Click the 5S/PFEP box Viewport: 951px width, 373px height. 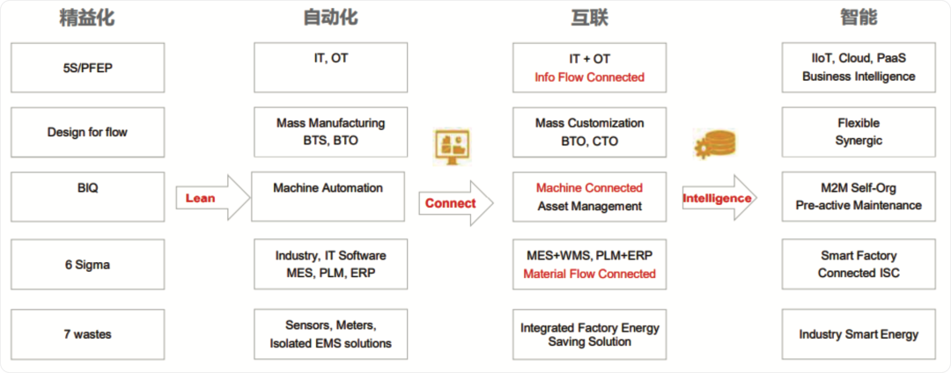click(88, 67)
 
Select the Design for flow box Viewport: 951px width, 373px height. click(88, 132)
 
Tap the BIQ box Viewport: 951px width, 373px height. click(88, 197)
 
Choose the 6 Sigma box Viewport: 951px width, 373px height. click(88, 265)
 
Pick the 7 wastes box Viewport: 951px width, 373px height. click(88, 333)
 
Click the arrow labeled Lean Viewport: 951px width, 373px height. click(213, 197)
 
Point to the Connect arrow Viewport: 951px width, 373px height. click(456, 203)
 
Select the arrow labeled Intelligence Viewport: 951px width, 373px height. click(720, 198)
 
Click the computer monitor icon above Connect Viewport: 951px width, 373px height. click(453, 147)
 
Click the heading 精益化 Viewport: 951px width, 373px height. click(86, 18)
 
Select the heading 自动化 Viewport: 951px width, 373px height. click(330, 18)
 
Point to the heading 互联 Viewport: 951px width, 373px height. click(589, 18)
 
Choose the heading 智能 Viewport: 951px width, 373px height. click(859, 18)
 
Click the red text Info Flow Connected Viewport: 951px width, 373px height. click(589, 77)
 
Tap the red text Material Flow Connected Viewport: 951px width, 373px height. click(589, 274)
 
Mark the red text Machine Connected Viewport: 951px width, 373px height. click(589, 187)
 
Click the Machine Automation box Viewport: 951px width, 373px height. click(328, 197)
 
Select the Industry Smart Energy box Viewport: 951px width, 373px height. click(859, 333)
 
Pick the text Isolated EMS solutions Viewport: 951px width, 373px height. click(330, 343)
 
